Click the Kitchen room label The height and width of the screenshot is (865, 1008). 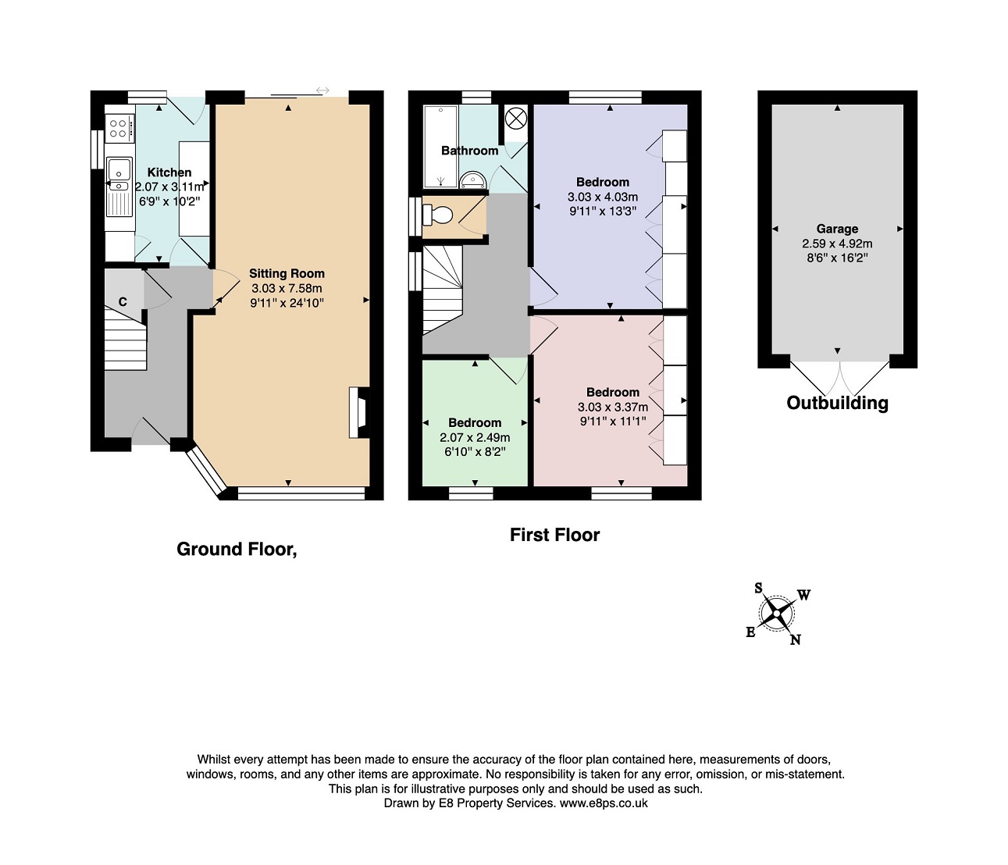pyautogui.click(x=169, y=172)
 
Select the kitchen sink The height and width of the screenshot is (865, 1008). pyautogui.click(x=119, y=175)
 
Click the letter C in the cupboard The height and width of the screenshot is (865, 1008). pyautogui.click(x=123, y=302)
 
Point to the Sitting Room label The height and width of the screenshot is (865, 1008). pyautogui.click(x=287, y=273)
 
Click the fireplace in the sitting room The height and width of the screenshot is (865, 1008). pyautogui.click(x=359, y=412)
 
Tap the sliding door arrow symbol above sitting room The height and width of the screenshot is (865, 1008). pyautogui.click(x=322, y=91)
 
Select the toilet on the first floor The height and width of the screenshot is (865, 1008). pyautogui.click(x=438, y=215)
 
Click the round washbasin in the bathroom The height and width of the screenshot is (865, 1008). pyautogui.click(x=472, y=180)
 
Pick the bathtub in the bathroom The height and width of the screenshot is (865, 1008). pyautogui.click(x=440, y=146)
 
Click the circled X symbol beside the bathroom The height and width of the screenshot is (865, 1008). pyautogui.click(x=516, y=119)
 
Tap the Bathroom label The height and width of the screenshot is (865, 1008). pyautogui.click(x=469, y=151)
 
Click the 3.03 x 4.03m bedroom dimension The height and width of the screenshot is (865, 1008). pyautogui.click(x=603, y=197)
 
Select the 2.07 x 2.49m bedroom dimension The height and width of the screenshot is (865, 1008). pyautogui.click(x=475, y=437)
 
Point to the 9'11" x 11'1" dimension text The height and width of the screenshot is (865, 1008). pyautogui.click(x=613, y=421)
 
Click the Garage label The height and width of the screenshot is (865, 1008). pyautogui.click(x=837, y=229)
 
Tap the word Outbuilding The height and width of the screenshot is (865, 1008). pyautogui.click(x=837, y=404)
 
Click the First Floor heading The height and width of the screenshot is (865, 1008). pyautogui.click(x=555, y=535)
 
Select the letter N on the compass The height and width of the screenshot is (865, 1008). pyautogui.click(x=796, y=640)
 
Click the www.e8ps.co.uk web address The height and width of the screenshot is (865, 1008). pyautogui.click(x=604, y=803)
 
